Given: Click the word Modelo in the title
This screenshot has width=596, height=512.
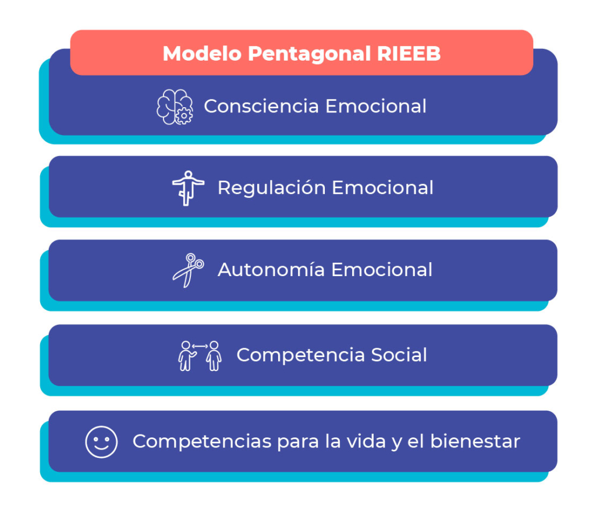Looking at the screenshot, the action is (x=202, y=53).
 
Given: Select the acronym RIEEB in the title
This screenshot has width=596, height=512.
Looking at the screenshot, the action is (x=409, y=53).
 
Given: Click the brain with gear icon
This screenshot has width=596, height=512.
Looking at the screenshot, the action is (x=175, y=107).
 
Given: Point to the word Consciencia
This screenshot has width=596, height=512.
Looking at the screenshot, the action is (x=261, y=106).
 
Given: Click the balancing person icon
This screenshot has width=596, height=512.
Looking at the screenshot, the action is (x=188, y=188).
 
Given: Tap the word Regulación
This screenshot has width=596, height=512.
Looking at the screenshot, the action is (x=272, y=188).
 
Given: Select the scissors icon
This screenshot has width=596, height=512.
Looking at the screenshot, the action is (x=188, y=270).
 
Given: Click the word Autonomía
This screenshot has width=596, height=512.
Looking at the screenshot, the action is (x=271, y=269).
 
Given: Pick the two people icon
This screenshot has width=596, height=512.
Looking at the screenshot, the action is (x=200, y=356).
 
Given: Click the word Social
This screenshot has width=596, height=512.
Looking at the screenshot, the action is (x=399, y=355).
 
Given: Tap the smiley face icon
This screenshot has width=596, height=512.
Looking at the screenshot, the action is (x=101, y=442).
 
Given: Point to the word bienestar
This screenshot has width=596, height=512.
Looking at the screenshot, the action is (x=475, y=442).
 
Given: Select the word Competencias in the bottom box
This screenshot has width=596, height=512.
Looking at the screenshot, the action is (x=202, y=442).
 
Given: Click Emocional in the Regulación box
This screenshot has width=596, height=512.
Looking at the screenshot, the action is (x=383, y=188).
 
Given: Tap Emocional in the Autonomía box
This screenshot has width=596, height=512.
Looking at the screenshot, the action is (x=382, y=270).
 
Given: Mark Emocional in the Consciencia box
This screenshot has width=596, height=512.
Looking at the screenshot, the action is (x=376, y=106).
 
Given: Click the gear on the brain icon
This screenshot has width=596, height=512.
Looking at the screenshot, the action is (x=184, y=116).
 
